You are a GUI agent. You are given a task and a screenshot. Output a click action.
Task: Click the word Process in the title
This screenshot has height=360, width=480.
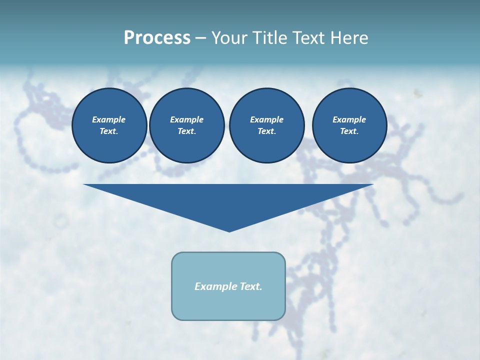pos(157,38)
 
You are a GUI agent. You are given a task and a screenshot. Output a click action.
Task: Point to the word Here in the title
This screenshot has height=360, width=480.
pos(348,38)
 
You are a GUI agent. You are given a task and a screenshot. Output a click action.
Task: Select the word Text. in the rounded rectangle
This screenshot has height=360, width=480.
pos(250,286)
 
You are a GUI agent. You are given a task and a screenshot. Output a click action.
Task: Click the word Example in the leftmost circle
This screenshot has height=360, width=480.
pos(109,119)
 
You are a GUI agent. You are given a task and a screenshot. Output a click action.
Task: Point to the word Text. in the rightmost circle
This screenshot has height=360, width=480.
pos(349,131)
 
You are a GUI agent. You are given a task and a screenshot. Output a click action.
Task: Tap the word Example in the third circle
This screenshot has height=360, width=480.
pos(266,119)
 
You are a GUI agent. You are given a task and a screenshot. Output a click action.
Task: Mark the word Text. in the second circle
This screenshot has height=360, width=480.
pos(186,131)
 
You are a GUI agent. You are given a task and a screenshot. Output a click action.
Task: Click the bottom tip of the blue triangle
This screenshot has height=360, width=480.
pos(229,230)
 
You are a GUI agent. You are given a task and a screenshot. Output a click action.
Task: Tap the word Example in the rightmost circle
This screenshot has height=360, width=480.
pos(349,119)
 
